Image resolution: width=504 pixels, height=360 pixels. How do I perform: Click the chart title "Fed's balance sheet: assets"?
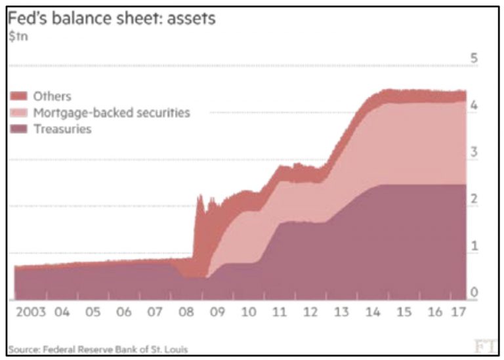point(112,20)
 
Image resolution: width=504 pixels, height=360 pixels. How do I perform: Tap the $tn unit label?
point(16,37)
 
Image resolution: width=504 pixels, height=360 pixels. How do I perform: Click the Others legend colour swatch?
point(18,96)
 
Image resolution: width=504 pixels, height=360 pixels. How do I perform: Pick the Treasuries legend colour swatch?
point(18,129)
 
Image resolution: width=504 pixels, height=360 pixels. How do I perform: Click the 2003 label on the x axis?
point(31,311)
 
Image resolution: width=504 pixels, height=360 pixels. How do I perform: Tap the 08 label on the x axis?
point(186,311)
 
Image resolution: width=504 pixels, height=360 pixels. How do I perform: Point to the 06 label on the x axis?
point(124,311)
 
